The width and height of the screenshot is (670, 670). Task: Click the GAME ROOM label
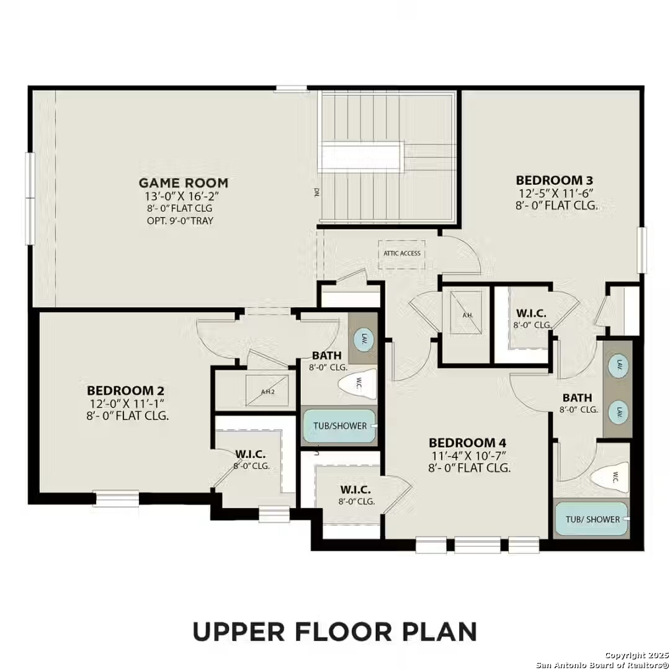(x=183, y=183)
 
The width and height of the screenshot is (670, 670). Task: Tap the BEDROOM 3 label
(x=558, y=180)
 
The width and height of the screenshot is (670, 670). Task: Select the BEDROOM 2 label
(x=126, y=391)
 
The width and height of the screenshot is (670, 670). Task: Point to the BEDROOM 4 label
(x=468, y=443)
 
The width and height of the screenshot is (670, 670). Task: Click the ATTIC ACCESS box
(x=401, y=253)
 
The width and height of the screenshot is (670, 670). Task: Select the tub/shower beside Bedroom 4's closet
(x=339, y=426)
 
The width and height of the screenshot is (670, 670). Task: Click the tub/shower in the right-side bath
(x=592, y=519)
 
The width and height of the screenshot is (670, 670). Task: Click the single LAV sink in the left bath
(x=363, y=338)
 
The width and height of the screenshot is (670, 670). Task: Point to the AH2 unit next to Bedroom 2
(x=267, y=391)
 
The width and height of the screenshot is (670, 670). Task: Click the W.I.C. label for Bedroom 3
(x=531, y=314)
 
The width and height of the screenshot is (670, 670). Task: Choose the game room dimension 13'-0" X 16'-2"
(x=183, y=197)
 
